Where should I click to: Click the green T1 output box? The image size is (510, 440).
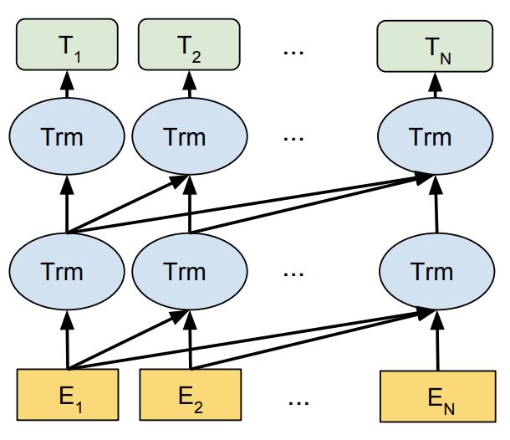click(x=66, y=45)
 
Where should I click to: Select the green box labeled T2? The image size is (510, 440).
click(x=189, y=45)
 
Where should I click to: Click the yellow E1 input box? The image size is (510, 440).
click(x=66, y=394)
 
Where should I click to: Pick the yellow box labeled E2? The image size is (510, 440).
click(x=189, y=394)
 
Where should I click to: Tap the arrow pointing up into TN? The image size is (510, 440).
click(x=433, y=85)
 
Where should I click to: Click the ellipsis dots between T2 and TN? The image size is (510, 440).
click(x=293, y=50)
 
